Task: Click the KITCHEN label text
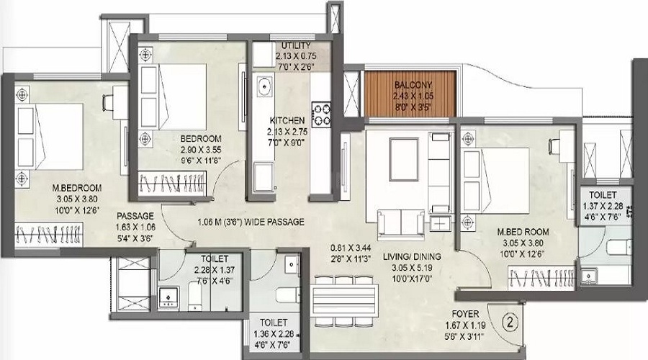(287, 120)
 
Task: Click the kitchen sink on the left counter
(264, 90)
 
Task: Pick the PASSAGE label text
(136, 215)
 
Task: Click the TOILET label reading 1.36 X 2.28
(274, 323)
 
